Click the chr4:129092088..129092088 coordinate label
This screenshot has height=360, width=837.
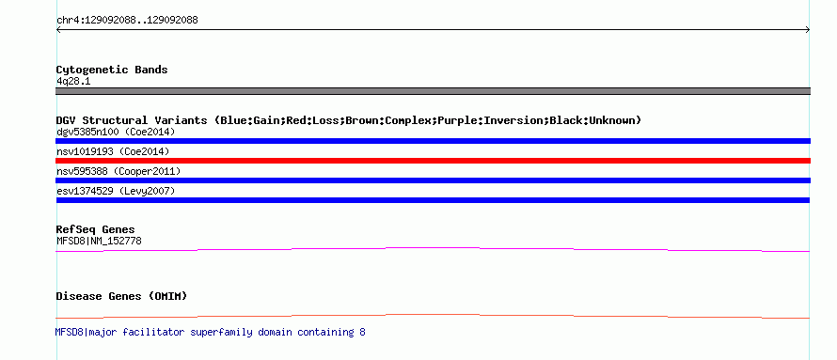tap(127, 21)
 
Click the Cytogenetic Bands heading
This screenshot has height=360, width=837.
tap(112, 70)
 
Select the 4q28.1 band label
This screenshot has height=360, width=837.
tap(73, 82)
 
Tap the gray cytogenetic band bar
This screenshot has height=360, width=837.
tap(433, 91)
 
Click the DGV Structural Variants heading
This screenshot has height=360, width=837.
tap(349, 120)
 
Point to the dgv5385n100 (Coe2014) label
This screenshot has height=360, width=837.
tap(116, 132)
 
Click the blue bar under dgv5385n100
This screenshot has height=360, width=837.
tap(433, 141)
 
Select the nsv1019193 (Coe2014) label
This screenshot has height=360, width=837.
tap(113, 151)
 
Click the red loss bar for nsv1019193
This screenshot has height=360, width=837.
tap(433, 161)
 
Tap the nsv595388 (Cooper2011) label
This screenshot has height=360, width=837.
tap(118, 171)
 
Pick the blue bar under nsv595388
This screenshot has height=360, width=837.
tap(433, 180)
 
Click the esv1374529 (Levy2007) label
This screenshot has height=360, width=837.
tap(116, 191)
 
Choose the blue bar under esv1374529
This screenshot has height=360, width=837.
tap(433, 200)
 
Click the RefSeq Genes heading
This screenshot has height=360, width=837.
tap(96, 230)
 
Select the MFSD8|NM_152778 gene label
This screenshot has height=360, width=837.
tap(99, 241)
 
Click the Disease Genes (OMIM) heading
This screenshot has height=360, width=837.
tap(121, 296)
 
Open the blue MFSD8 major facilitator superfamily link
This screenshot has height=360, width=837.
tap(211, 332)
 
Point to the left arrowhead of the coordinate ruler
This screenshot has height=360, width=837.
tap(58, 30)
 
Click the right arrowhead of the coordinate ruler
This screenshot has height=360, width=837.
tap(808, 30)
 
